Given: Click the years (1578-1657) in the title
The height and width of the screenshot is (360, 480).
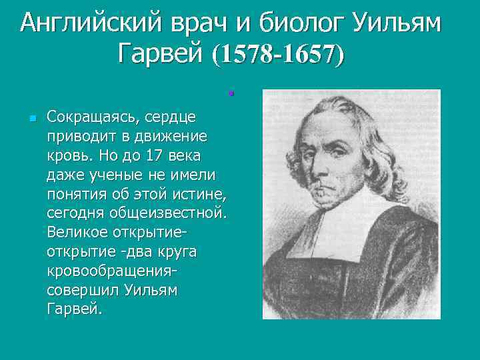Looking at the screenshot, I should coord(278,55).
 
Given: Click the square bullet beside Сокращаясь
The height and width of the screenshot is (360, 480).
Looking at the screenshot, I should coord(31,119).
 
